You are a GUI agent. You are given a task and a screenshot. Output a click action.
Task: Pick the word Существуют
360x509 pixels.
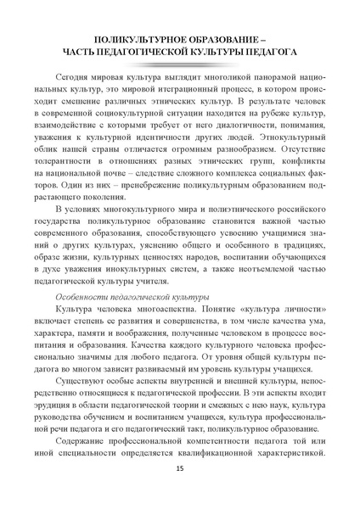click(82, 406)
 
